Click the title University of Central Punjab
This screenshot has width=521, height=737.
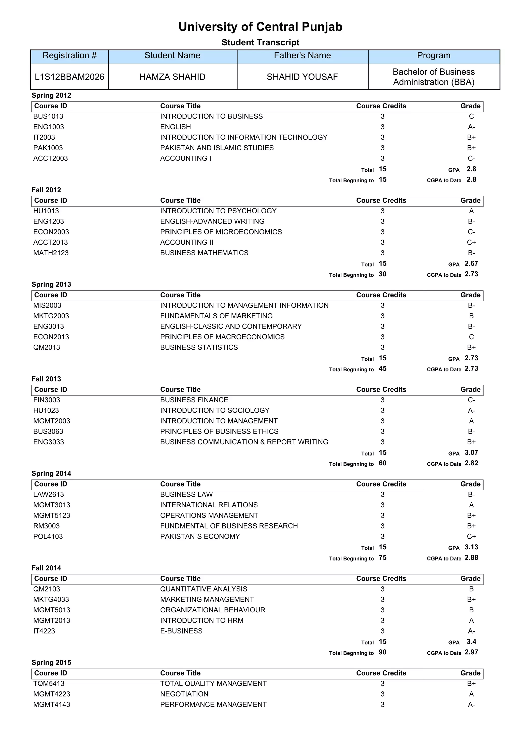click(260, 27)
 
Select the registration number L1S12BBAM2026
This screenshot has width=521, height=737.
click(69, 77)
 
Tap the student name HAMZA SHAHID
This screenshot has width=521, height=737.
click(172, 77)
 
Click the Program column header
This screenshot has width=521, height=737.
click(433, 55)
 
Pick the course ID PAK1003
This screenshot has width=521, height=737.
click(48, 148)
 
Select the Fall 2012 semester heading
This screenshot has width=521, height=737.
click(46, 190)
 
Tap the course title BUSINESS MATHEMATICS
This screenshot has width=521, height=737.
click(204, 253)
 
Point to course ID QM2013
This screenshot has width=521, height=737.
click(47, 348)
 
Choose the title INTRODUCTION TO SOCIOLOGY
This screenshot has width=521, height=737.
click(215, 410)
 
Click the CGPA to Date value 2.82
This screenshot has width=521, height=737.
click(471, 463)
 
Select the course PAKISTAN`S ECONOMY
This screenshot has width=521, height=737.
click(200, 537)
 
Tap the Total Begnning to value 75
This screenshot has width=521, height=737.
click(382, 557)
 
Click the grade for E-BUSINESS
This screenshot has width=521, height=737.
click(471, 631)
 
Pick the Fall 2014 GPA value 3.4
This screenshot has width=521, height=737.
click(471, 642)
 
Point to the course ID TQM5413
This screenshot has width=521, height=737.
click(49, 684)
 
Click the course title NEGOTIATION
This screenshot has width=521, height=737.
click(184, 694)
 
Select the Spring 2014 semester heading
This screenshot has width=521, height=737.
click(51, 474)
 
